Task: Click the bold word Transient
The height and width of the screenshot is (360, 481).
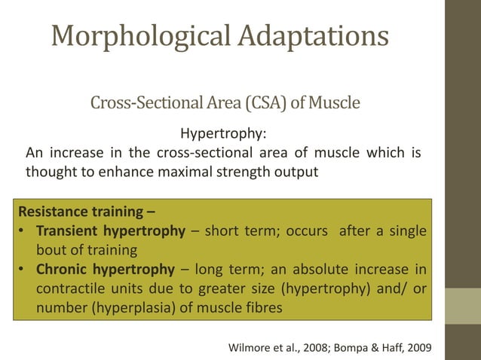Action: point(66,230)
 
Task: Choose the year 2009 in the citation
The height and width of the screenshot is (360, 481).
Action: point(426,347)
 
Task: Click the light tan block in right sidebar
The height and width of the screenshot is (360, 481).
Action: point(463,306)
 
